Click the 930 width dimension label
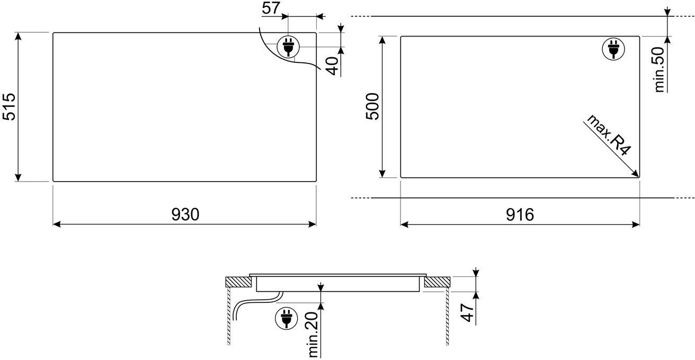coord(185,214)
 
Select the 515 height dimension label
coord(9,106)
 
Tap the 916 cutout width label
coord(520,214)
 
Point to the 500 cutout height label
coord(372,106)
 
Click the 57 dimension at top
coord(271,8)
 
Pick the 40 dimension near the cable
coord(333,66)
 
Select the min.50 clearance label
coord(660,69)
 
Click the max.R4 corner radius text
coord(609,134)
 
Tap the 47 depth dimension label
coord(467,312)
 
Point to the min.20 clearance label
coord(313,334)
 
